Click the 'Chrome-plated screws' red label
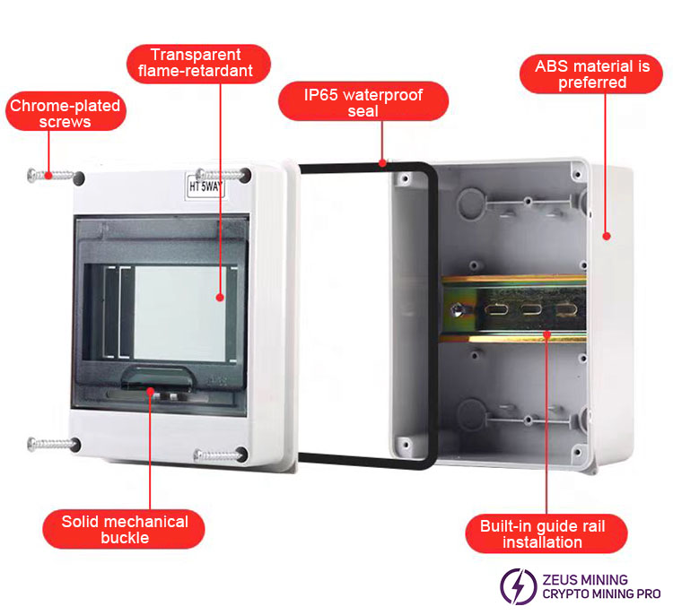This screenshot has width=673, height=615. click(x=65, y=114)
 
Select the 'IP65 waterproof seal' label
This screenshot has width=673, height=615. click(x=363, y=101)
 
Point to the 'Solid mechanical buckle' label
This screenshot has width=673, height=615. click(x=125, y=529)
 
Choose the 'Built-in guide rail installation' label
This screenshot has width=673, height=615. click(x=542, y=533)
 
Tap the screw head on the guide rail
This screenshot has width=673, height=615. click(x=459, y=311)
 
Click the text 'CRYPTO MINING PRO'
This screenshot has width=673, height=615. click(x=601, y=594)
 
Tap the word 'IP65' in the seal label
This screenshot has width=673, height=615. click(x=324, y=94)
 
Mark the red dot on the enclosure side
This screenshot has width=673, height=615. click(x=607, y=236)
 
